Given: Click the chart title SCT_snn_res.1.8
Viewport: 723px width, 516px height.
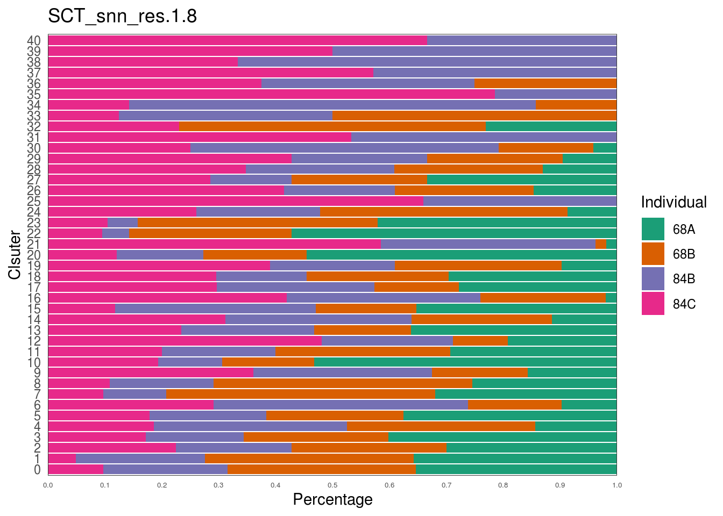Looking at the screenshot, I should [122, 16].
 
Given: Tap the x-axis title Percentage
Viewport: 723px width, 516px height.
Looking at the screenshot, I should [332, 499].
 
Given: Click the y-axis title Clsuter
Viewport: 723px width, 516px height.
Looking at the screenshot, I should [15, 255].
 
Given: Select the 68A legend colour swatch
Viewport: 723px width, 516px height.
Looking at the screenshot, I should [653, 229].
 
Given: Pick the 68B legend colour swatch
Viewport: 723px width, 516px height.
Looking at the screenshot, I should [653, 254].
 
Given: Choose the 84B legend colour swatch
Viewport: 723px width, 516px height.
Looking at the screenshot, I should [653, 278].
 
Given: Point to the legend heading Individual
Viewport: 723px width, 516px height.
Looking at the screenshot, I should [674, 202].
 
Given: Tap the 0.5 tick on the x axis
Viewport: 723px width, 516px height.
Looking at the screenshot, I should [332, 485].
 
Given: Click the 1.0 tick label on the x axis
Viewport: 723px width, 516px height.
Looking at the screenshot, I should [616, 485].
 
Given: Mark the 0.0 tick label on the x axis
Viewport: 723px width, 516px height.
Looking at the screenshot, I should [48, 485].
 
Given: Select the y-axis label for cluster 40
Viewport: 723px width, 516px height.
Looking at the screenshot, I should [34, 41].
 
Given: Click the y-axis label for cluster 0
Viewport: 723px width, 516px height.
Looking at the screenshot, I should [37, 470].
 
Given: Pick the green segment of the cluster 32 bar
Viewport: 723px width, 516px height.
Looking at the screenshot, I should [551, 126].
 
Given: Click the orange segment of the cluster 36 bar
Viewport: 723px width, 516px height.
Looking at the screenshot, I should [545, 83].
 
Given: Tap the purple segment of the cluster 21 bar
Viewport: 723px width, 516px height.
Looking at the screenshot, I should [488, 244].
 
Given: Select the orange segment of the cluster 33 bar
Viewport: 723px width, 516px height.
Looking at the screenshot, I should [474, 116].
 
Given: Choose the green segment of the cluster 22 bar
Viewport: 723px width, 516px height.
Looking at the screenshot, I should [453, 233].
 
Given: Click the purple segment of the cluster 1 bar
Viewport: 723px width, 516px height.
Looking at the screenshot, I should [140, 458].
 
